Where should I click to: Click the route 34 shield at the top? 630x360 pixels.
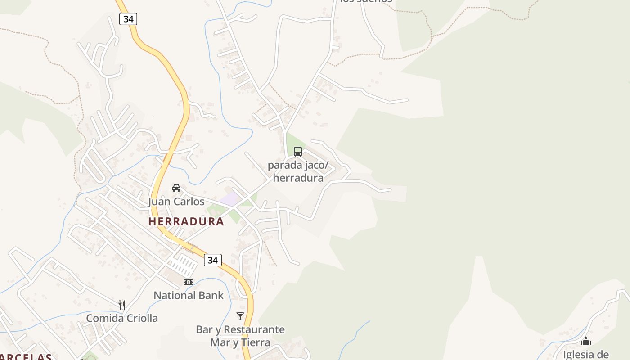click(x=128, y=19)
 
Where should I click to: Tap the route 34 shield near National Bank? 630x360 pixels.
click(x=212, y=260)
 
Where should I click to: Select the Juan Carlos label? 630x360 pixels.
click(x=176, y=202)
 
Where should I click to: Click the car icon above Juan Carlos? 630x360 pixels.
click(x=176, y=188)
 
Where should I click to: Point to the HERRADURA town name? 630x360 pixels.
click(x=186, y=221)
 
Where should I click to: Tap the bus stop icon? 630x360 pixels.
click(x=297, y=151)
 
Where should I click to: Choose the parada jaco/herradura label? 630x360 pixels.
click(x=298, y=171)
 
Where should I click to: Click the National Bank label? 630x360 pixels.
click(x=189, y=295)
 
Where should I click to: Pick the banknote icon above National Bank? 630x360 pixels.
click(x=188, y=282)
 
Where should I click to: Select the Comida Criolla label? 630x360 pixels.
click(x=122, y=318)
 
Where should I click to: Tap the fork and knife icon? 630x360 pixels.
click(x=121, y=305)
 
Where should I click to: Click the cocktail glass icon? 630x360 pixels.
click(x=240, y=316)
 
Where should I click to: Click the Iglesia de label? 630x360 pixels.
click(x=586, y=354)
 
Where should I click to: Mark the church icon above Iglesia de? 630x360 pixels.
click(x=586, y=342)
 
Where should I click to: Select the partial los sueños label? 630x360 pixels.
click(x=366, y=1)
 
